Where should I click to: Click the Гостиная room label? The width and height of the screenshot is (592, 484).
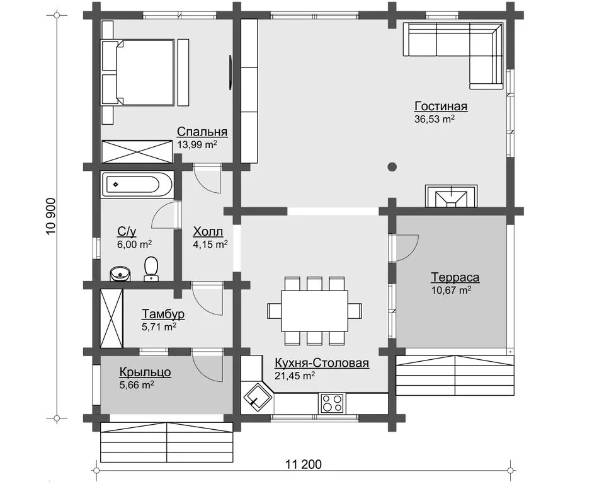pyautogui.click(x=441, y=106)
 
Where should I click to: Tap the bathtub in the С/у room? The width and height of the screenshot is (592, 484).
pyautogui.click(x=137, y=185)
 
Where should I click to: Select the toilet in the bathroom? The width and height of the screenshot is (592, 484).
pyautogui.click(x=151, y=268)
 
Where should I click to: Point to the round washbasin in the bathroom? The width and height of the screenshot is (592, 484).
pyautogui.click(x=120, y=274)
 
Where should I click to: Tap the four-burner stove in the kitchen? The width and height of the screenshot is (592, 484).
pyautogui.click(x=333, y=403)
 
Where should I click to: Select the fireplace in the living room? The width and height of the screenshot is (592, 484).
pyautogui.click(x=451, y=196)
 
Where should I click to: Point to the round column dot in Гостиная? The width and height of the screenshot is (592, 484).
pyautogui.click(x=392, y=166)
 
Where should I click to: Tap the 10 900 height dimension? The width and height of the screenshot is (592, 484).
pyautogui.click(x=51, y=216)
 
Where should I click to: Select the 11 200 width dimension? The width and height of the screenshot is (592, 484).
pyautogui.click(x=304, y=464)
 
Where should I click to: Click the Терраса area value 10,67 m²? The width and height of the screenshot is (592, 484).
pyautogui.click(x=451, y=290)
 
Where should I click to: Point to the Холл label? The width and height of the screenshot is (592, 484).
pyautogui.click(x=208, y=231)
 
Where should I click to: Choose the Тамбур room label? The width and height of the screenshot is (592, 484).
pyautogui.click(x=163, y=314)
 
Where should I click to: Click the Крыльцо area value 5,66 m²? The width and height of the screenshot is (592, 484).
pyautogui.click(x=136, y=385)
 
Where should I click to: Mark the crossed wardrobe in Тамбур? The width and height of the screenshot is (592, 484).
pyautogui.click(x=111, y=318)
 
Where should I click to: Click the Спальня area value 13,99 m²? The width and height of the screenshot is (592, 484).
pyautogui.click(x=197, y=144)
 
